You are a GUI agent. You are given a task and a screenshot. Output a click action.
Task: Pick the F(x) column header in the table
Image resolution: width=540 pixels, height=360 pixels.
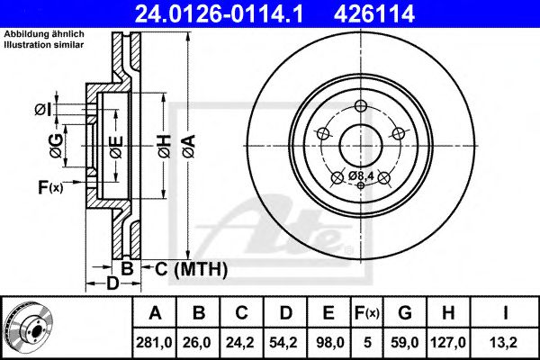(370, 313)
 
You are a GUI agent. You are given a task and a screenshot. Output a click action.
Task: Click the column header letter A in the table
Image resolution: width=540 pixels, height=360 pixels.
(156, 313)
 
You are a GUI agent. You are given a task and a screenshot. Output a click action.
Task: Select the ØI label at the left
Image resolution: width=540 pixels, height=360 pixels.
(42, 110)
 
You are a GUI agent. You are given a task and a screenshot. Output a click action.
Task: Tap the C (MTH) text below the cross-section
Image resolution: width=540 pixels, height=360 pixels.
(186, 269)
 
